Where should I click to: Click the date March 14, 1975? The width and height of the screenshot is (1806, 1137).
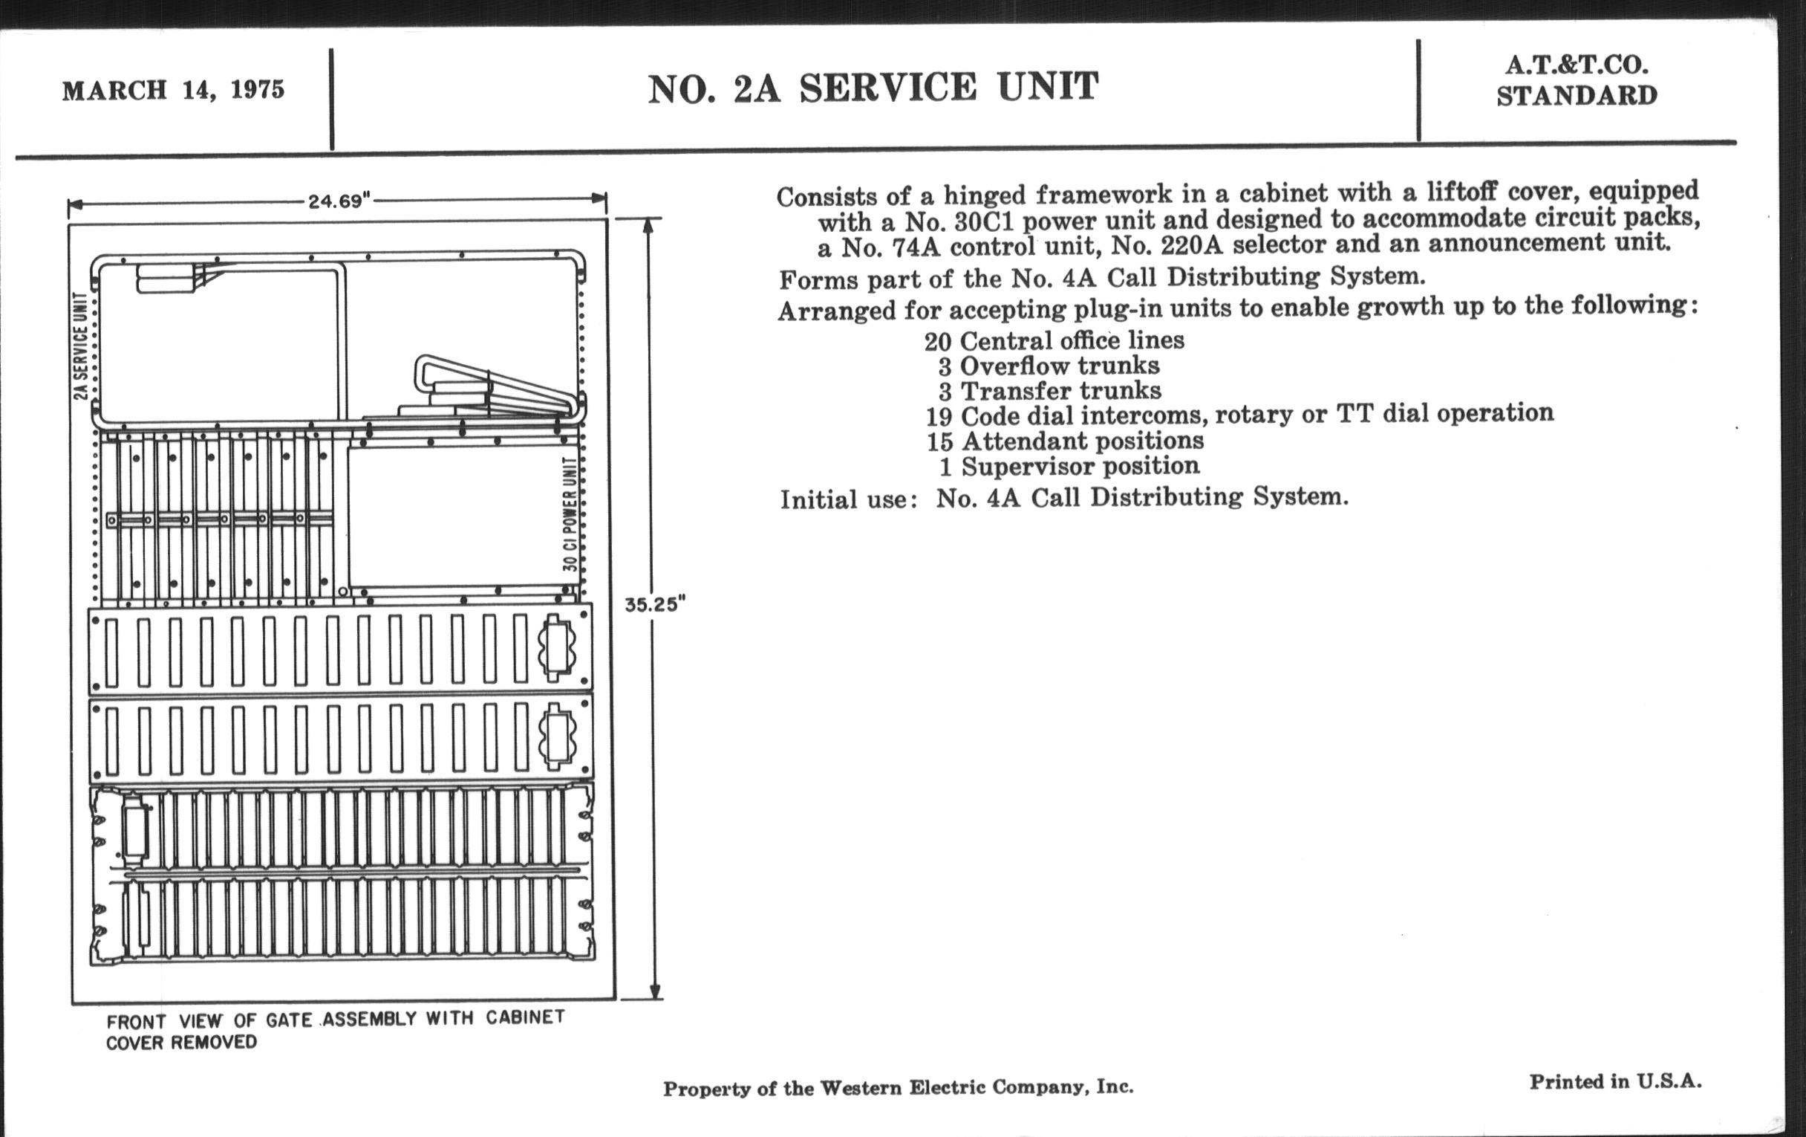173,90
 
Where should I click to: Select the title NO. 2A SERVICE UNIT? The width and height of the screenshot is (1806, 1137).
873,88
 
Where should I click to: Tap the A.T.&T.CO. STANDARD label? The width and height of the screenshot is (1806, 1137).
1577,80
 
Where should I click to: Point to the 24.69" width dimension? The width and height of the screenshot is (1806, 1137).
340,201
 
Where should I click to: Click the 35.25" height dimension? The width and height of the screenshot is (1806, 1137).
656,604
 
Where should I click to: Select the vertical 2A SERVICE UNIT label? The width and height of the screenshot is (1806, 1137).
81,346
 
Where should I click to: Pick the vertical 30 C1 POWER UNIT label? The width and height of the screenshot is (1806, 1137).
571,514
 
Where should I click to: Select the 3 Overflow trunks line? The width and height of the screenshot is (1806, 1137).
1049,366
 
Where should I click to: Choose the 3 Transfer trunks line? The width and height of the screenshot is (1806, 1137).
1050,391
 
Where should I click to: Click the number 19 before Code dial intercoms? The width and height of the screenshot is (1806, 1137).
938,416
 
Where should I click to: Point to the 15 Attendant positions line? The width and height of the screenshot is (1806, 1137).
1065,441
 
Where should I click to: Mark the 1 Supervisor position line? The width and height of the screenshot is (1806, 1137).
1069,466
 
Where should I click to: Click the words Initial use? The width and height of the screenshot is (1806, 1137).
847,499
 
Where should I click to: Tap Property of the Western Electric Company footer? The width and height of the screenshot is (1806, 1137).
898,1087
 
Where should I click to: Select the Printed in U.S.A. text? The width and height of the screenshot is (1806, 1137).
1615,1081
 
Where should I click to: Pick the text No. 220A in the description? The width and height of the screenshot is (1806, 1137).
1156,244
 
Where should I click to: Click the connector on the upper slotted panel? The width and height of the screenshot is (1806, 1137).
555,647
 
